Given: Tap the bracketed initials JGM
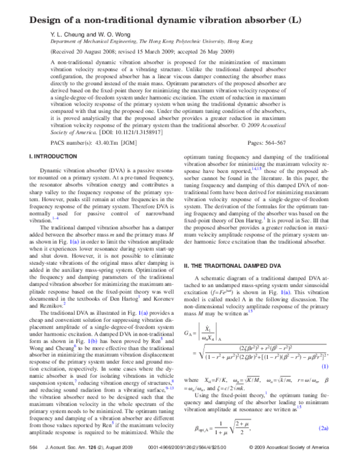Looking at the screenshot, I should pos(139,144).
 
